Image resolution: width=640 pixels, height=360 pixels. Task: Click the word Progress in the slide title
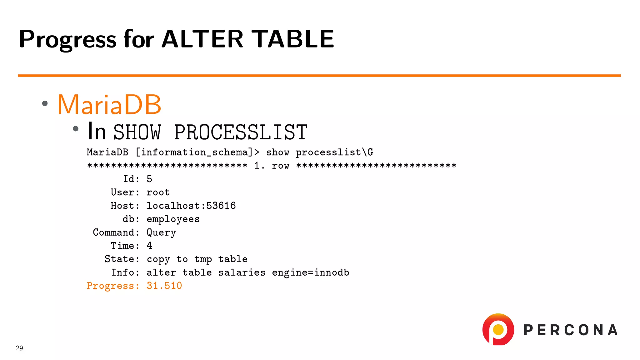pos(67,39)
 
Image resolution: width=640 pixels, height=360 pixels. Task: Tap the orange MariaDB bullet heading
pos(109,104)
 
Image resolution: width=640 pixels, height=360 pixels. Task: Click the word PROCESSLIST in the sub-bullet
pos(241,132)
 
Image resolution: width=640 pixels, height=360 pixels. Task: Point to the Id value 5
pos(149,179)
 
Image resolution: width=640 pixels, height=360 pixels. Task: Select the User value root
pos(158,192)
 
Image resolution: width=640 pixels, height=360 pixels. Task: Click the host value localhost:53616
pos(191,206)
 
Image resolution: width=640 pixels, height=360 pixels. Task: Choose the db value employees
pos(173,219)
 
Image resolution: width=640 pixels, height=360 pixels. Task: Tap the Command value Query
pos(161,232)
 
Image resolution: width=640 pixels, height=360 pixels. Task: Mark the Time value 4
pos(149,246)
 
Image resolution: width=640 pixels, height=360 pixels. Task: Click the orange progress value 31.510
pos(164,286)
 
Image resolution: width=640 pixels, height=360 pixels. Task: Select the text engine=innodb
pos(310,272)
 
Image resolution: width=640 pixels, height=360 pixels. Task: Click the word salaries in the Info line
pos(242,272)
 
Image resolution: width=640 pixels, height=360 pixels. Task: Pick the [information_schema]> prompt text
pos(197,152)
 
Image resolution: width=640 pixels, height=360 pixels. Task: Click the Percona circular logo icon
pos(498,329)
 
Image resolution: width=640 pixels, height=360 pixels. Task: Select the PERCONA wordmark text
pos(571,330)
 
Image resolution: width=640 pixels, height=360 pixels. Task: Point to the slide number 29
pos(19,348)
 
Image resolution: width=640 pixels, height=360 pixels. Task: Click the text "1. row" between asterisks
pos(272,166)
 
